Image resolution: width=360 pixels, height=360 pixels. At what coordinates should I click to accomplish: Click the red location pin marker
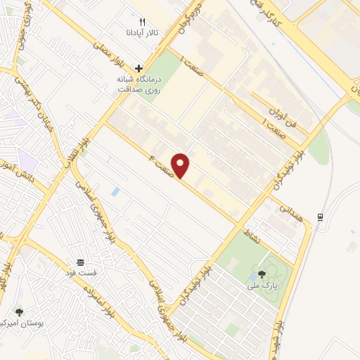pyautogui.click(x=181, y=165)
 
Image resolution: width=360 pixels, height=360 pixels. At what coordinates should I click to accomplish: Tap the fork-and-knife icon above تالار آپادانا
pyautogui.click(x=143, y=22)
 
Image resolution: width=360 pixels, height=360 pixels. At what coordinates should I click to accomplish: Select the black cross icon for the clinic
pyautogui.click(x=139, y=69)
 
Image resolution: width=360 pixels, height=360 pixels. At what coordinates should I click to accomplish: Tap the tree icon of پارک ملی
pyautogui.click(x=261, y=274)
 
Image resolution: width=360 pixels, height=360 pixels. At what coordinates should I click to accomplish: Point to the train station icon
pyautogui.click(x=321, y=217)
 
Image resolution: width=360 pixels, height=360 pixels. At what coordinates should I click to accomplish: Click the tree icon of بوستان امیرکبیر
pyautogui.click(x=18, y=311)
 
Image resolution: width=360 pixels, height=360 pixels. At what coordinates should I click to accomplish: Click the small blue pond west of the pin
pyautogui.click(x=115, y=191)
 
